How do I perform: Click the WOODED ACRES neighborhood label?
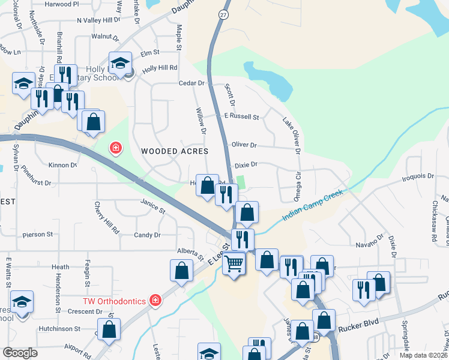click(x=175, y=151)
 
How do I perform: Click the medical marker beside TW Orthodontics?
click(x=155, y=299)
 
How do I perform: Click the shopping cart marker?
click(x=234, y=262)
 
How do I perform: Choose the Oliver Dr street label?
click(x=244, y=145)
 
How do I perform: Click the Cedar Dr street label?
click(x=191, y=83)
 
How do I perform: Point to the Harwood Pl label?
click(x=61, y=4)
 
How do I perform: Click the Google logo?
click(x=20, y=352)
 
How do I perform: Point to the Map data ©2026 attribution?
click(x=423, y=355)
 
